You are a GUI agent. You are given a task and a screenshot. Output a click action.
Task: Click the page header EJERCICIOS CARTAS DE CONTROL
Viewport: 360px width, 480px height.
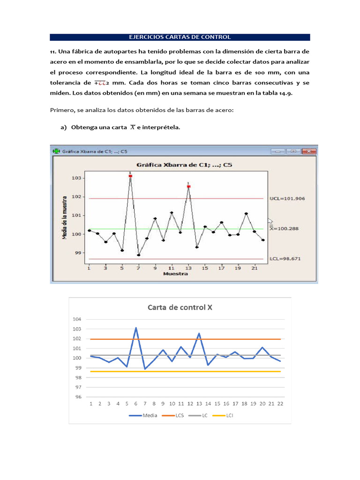click(x=180, y=37)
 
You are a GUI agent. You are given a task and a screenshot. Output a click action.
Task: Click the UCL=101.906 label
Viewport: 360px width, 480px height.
click(x=287, y=198)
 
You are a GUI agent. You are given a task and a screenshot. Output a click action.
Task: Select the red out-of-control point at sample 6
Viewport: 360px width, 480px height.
click(x=130, y=176)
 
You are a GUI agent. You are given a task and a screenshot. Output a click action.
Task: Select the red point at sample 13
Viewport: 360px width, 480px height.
click(x=188, y=187)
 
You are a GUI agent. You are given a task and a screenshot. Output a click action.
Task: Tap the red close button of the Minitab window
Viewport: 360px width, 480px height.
click(x=310, y=151)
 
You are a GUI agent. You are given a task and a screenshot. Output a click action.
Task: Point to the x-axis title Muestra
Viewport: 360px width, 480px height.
click(x=175, y=274)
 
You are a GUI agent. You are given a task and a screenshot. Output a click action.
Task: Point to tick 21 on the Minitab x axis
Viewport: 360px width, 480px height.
click(x=255, y=268)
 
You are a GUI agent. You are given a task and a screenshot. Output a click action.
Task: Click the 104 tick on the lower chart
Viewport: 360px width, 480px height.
click(x=77, y=319)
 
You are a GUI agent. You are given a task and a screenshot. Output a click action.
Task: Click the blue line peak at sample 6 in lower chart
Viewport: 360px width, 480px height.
click(x=136, y=328)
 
